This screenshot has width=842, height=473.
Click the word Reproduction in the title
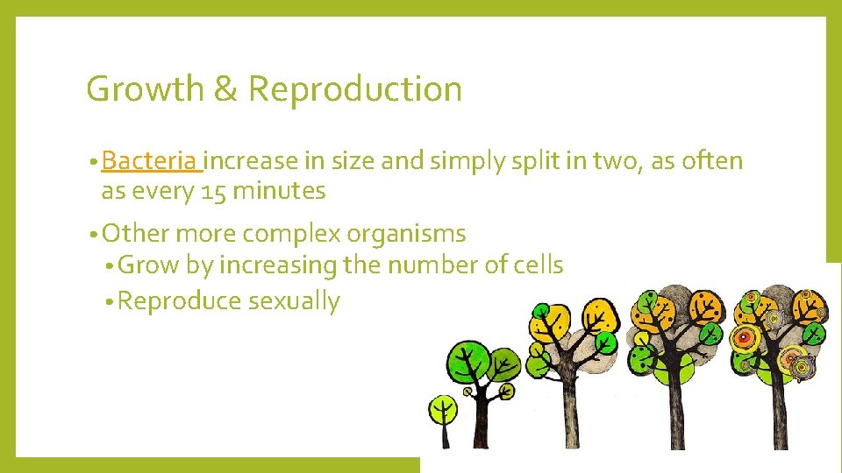(x=354, y=89)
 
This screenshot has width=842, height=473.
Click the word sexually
(x=293, y=301)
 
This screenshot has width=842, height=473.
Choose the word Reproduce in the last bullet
(x=179, y=301)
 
